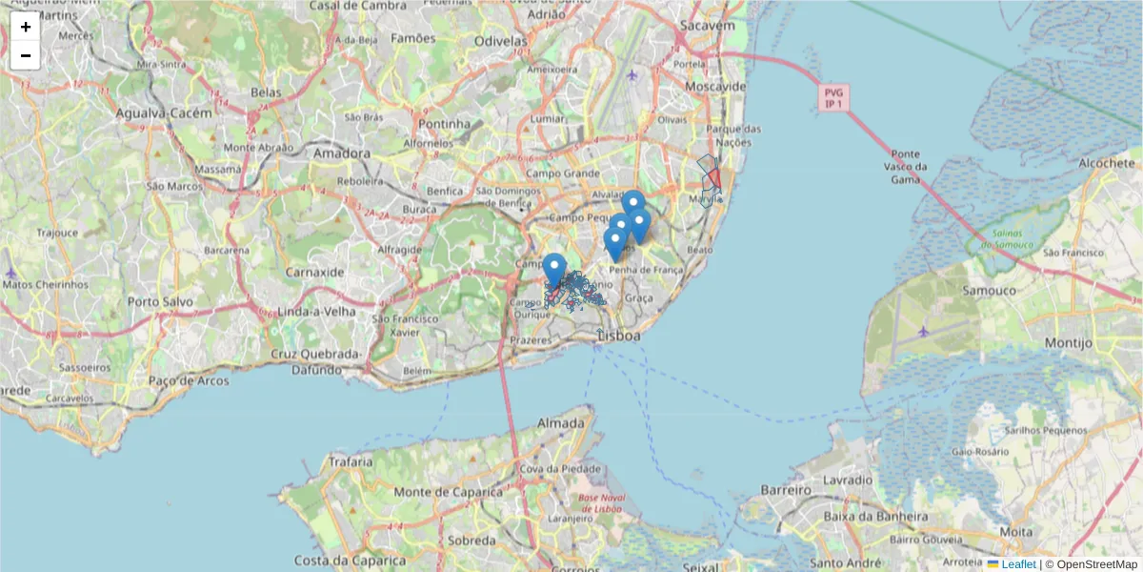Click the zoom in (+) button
pos(25,27)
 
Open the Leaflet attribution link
pos(1017,564)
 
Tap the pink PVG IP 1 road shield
pos(833,98)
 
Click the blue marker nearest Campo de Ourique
pos(554,269)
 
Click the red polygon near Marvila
pos(713,178)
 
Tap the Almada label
pos(561,422)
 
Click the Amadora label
pos(341,153)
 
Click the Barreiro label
pos(785,489)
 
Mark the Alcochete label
pos(1107,164)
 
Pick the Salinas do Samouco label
pos(1008,240)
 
